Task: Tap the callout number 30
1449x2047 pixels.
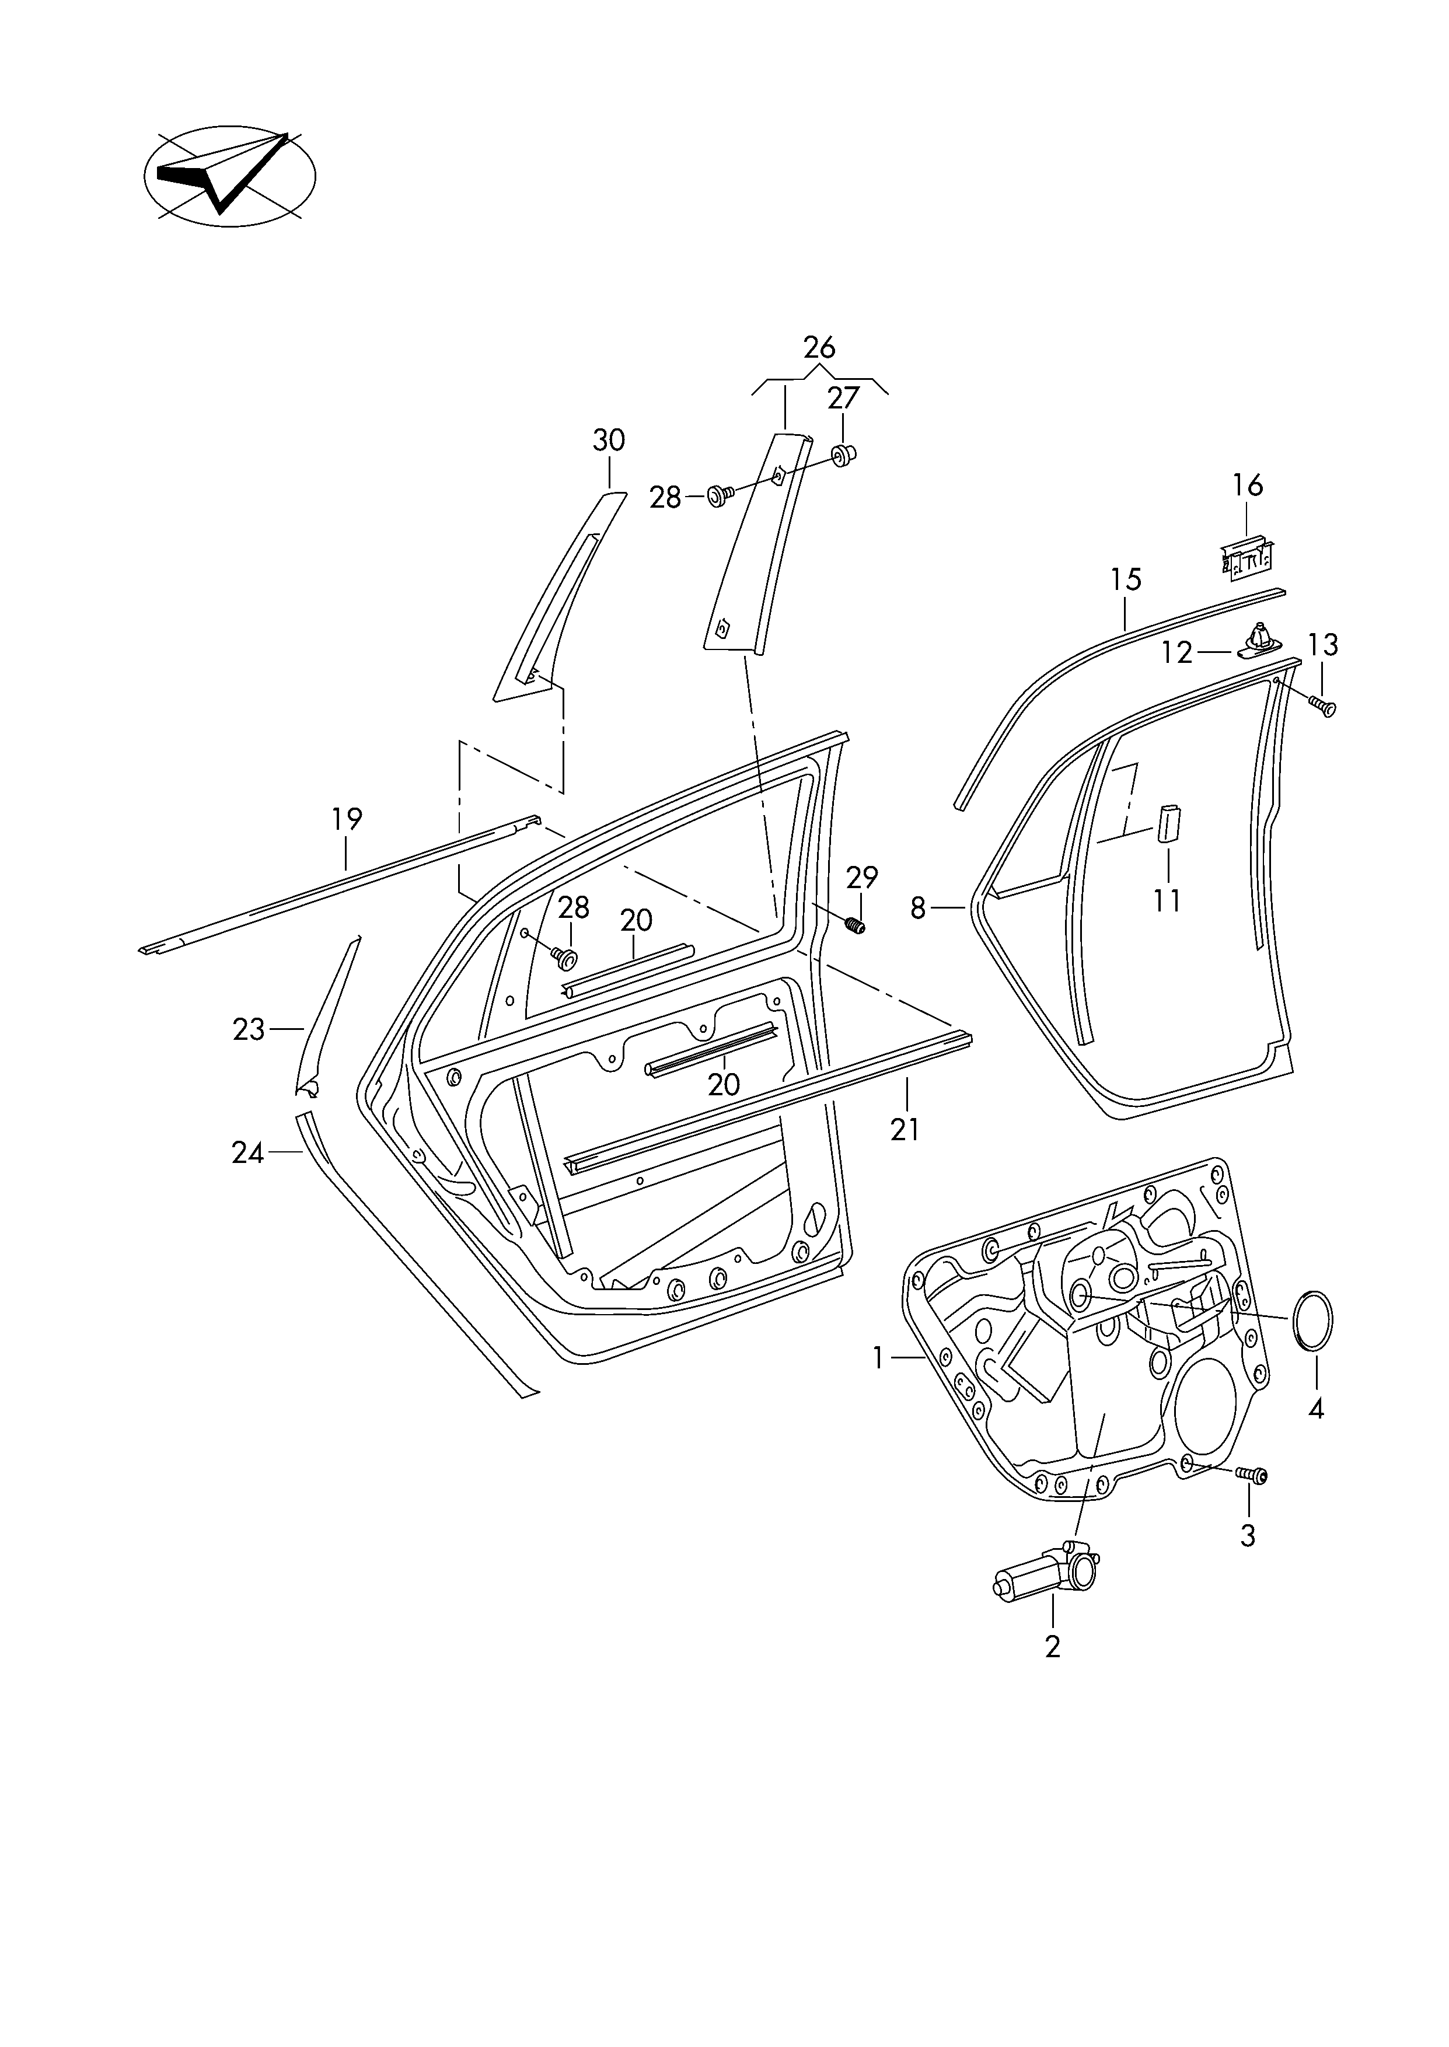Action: (x=609, y=440)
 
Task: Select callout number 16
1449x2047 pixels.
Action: (x=1247, y=485)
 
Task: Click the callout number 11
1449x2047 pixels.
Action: (x=1166, y=901)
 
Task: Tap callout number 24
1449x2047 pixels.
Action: (x=248, y=1153)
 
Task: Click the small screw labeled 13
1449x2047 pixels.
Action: (x=1323, y=707)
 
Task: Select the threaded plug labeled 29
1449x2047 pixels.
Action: (x=855, y=927)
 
